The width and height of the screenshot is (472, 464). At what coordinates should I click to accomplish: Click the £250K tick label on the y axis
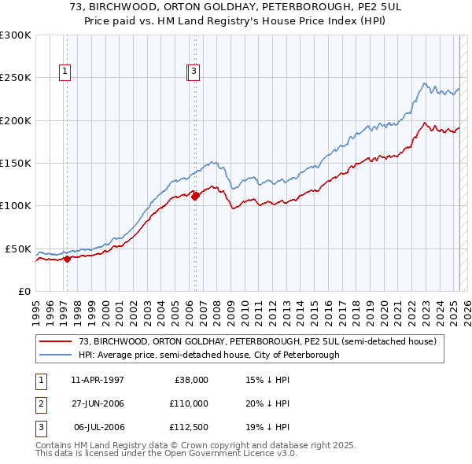click(x=15, y=78)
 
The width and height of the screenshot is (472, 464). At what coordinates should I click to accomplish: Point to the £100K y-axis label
click(x=15, y=206)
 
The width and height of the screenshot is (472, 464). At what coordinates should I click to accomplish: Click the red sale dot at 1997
click(x=68, y=258)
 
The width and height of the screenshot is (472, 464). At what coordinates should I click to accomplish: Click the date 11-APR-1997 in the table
click(x=98, y=380)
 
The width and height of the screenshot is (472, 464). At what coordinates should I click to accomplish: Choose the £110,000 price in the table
click(x=190, y=403)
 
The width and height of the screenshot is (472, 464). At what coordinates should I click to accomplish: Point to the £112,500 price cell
click(x=190, y=427)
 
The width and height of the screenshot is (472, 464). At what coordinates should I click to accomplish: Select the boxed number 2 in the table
click(x=40, y=403)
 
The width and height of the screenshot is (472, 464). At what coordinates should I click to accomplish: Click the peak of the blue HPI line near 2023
click(x=424, y=83)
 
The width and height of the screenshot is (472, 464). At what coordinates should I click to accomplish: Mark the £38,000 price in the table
click(x=191, y=380)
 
